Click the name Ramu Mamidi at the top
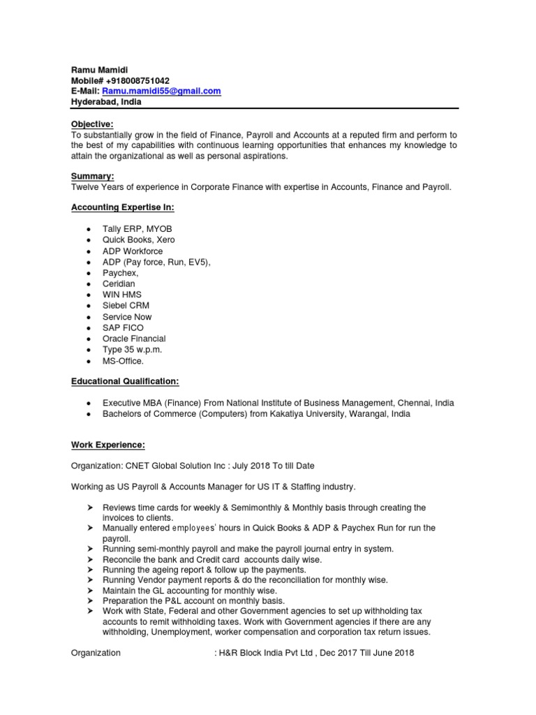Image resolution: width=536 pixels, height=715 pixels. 100,71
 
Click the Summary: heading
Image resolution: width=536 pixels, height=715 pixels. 92,177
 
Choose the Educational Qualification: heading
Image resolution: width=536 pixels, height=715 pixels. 125,381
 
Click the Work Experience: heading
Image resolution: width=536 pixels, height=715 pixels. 108,445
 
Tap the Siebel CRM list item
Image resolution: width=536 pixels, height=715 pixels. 126,306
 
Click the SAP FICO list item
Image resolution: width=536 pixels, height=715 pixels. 124,327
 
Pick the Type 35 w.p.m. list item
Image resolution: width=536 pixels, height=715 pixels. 133,349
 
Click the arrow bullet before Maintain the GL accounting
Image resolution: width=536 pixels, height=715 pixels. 91,591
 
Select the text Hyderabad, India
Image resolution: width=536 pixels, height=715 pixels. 106,101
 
